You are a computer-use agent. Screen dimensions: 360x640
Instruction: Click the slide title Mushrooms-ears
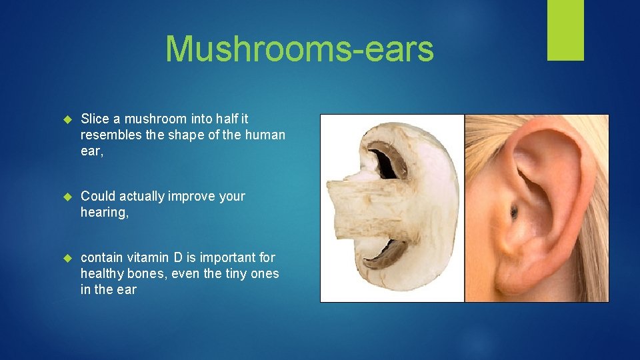pos(299,49)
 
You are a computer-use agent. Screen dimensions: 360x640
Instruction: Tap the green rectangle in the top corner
pos(565,29)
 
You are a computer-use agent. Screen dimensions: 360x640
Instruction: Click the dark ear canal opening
pos(513,213)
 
